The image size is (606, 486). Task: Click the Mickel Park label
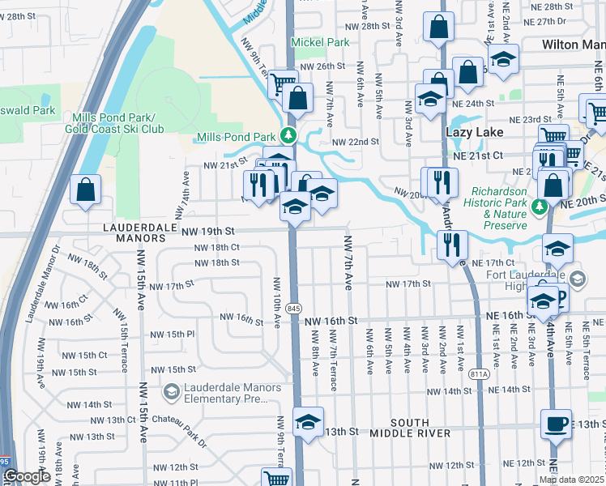[x=320, y=41]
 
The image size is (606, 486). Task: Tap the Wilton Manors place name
[x=572, y=46]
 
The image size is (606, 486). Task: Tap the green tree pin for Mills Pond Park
[x=286, y=134]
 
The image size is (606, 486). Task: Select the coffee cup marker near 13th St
[x=557, y=424]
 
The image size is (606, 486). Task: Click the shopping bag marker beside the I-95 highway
[x=85, y=191]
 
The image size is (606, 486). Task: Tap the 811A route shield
[x=479, y=373]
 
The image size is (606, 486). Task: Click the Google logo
[x=26, y=477]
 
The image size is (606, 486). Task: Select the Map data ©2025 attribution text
[x=571, y=480]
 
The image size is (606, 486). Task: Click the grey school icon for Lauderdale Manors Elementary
[x=171, y=393]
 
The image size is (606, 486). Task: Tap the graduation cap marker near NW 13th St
[x=308, y=423]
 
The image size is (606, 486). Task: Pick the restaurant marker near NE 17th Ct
[x=451, y=244]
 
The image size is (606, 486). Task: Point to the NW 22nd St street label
[x=356, y=142]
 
